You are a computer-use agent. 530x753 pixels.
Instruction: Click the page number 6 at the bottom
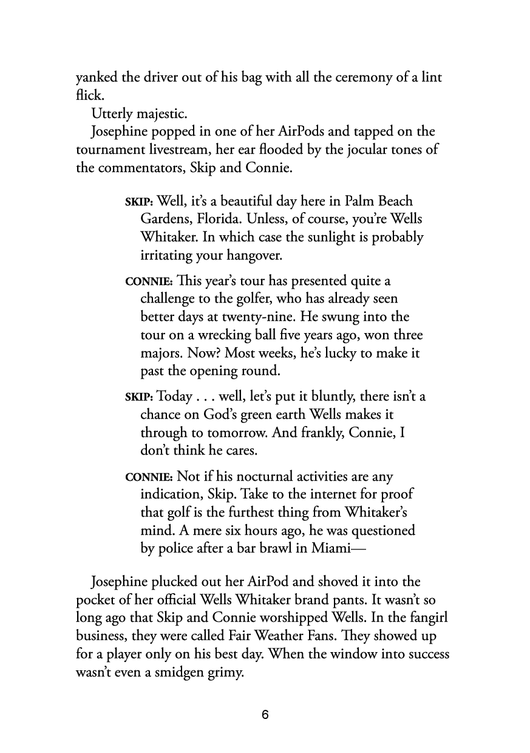click(265, 715)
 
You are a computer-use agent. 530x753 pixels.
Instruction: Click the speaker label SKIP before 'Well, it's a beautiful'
click(139, 202)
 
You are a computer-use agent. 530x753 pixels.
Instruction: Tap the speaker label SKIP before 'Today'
click(139, 397)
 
